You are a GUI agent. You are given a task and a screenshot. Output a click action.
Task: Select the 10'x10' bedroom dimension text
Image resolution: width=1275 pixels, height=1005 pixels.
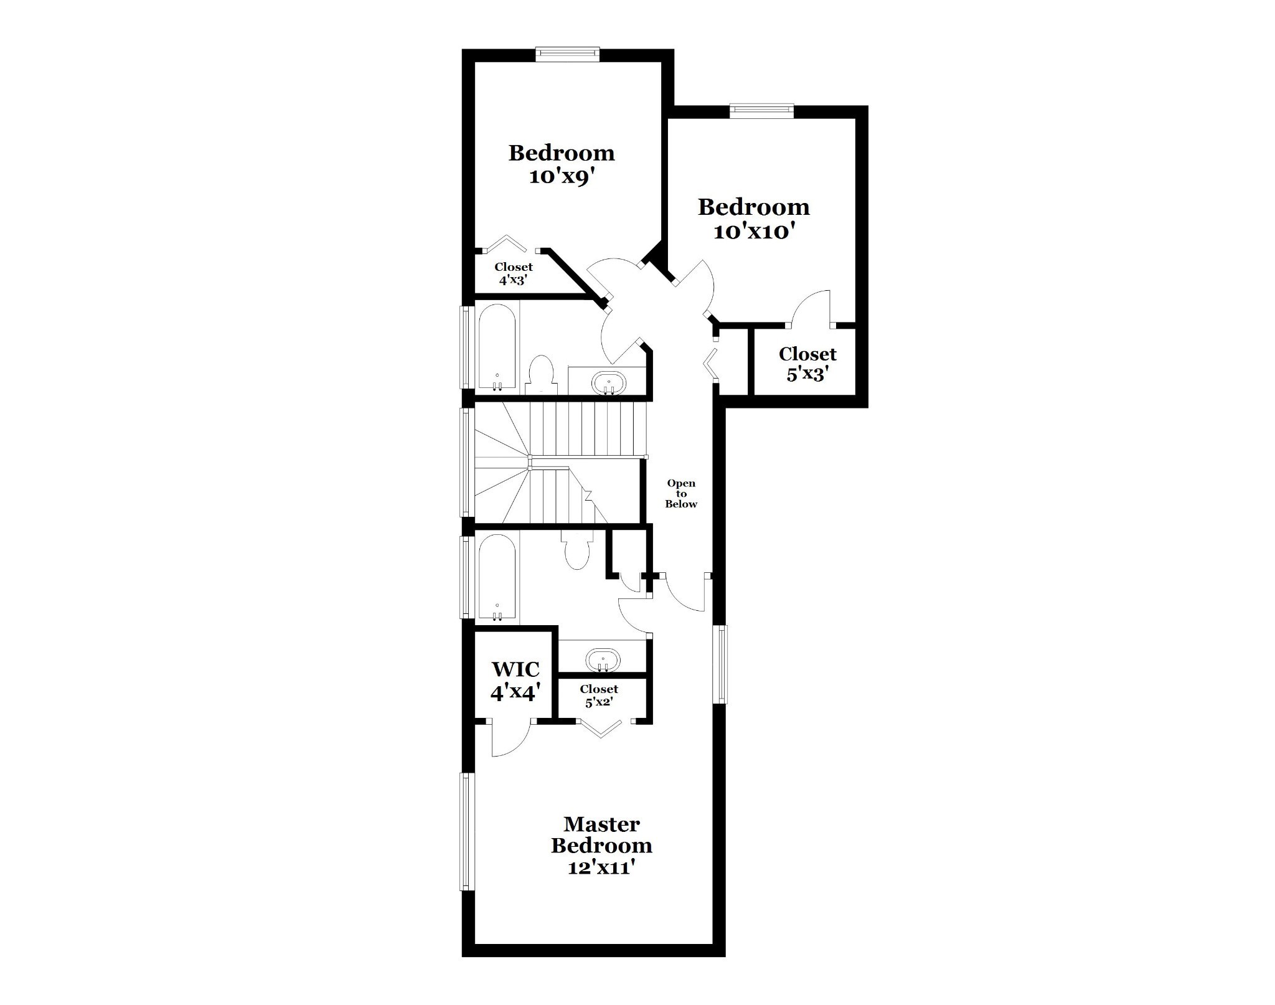click(754, 232)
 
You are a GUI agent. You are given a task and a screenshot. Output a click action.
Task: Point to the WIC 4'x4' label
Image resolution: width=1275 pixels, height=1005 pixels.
click(515, 681)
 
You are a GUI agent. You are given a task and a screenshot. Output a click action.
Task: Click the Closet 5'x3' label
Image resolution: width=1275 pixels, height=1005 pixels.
click(807, 364)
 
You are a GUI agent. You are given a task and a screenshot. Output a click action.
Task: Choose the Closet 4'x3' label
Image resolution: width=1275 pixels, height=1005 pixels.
click(514, 273)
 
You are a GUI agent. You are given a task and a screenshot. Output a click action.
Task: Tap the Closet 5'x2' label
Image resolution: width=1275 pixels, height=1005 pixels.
click(599, 695)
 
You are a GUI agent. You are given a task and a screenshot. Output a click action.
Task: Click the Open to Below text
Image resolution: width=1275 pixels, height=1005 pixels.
click(681, 493)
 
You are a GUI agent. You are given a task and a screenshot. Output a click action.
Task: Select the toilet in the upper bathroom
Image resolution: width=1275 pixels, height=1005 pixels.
click(540, 374)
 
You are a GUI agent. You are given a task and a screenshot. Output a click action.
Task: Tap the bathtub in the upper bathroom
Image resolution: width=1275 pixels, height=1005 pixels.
click(497, 348)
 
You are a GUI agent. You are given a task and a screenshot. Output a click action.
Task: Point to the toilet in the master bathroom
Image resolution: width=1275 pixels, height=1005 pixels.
click(576, 549)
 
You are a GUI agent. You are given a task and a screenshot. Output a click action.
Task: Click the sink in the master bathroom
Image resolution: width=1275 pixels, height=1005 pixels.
click(603, 659)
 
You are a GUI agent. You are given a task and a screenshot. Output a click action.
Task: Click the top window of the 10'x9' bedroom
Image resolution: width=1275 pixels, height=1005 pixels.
click(568, 54)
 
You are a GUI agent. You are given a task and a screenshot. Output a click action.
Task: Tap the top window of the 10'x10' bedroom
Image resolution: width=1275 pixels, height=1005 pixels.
click(762, 111)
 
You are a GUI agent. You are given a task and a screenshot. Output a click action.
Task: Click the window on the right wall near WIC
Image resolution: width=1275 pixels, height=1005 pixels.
click(720, 664)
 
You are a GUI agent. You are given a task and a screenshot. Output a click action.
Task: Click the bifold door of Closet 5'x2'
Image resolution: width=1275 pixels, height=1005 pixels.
click(600, 729)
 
